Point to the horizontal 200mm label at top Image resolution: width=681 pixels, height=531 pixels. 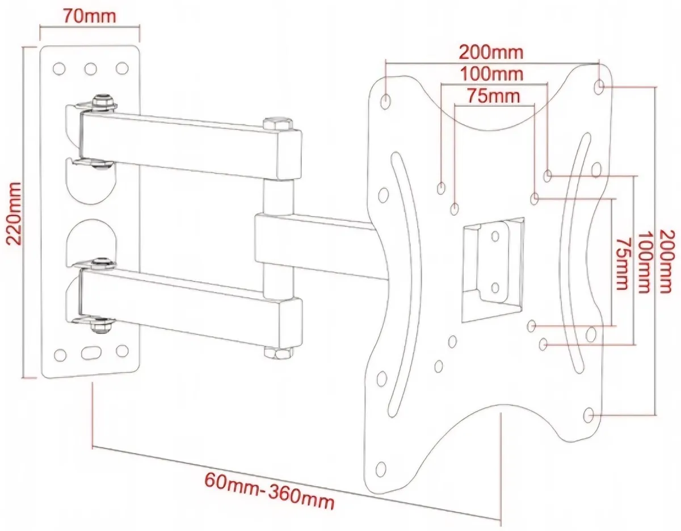point(491,52)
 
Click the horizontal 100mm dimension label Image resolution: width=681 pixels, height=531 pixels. point(491,73)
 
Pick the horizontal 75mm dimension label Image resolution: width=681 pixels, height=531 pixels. point(493,95)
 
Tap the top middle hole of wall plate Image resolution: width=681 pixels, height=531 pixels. point(90,69)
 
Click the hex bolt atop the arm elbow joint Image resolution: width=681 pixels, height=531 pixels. point(278,123)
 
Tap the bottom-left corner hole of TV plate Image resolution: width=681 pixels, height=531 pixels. point(380,469)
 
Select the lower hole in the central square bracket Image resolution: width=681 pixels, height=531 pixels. point(494,288)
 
